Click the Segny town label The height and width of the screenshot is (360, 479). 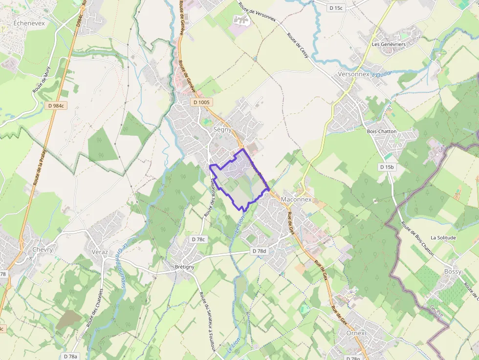222,129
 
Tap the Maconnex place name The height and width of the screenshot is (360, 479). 296,199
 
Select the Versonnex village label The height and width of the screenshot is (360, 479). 353,74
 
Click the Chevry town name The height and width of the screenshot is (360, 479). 42,250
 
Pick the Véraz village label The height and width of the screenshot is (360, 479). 100,252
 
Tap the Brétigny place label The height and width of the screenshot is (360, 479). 184,267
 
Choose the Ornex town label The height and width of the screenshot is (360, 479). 355,333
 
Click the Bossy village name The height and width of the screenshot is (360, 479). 453,272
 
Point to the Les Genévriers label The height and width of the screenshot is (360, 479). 389,44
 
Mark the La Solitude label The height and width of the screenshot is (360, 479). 443,238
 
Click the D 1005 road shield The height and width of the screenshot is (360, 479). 201,103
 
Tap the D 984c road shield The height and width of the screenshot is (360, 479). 57,105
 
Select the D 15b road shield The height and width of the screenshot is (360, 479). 386,167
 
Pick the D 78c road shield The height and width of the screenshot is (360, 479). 198,239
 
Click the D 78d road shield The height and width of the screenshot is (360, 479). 260,251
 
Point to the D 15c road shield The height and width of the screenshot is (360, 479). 336,8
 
